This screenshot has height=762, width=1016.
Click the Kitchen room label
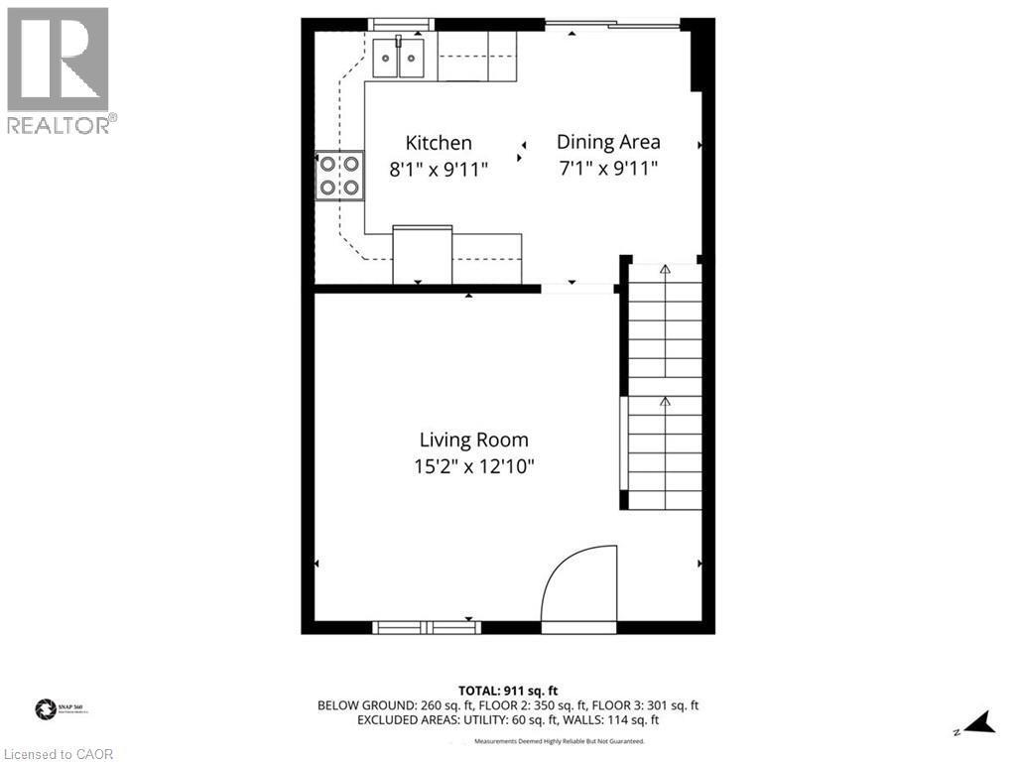pos(438,143)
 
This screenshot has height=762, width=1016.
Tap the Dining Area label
pos(608,142)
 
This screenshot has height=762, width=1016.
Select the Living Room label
pos(473,440)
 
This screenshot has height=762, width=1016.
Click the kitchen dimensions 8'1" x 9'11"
pos(438,170)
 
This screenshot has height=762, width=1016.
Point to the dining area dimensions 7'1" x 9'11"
pos(608,169)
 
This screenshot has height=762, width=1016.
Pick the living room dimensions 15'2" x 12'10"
pos(474,466)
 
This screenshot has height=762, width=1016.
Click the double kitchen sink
pos(399,58)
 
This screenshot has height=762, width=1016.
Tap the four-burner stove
pos(339,175)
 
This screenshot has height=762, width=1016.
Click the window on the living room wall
pos(427,627)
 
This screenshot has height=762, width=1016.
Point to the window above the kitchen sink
pos(401,24)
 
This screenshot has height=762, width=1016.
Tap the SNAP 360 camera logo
pos(46,709)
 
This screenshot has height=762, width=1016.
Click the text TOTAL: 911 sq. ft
pos(508,690)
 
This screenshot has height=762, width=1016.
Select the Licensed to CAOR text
pos(59,754)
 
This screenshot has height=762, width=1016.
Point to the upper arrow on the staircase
pos(665,269)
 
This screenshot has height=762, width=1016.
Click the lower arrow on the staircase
pos(665,402)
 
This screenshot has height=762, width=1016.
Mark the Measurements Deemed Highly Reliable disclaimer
pos(559,741)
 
